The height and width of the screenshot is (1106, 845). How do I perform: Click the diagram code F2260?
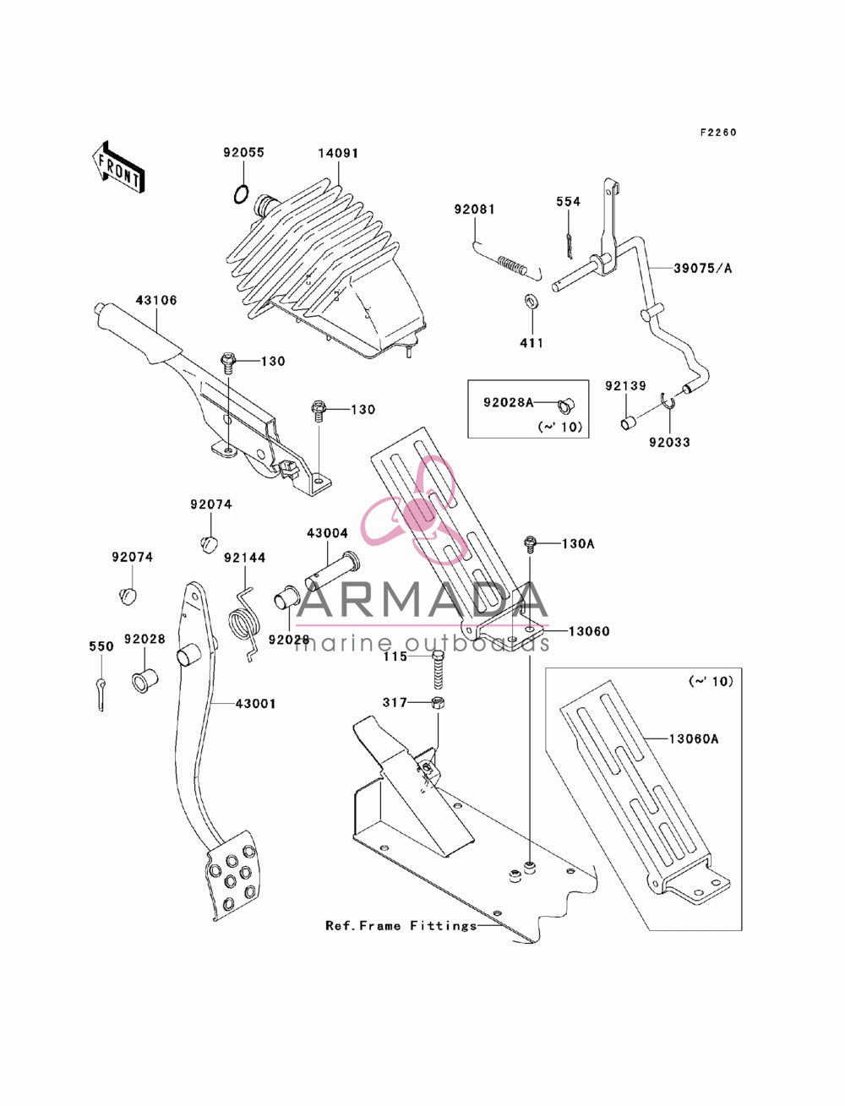point(718,133)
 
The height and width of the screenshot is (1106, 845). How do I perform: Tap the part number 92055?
point(244,152)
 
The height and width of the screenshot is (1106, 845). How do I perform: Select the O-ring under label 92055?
point(242,194)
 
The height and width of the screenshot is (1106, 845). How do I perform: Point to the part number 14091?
point(338,153)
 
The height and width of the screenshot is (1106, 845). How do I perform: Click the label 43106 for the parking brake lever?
point(156,300)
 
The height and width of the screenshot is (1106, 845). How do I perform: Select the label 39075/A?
point(703,269)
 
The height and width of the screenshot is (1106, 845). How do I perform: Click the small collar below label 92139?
point(628,422)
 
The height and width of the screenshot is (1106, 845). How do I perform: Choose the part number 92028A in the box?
point(508,402)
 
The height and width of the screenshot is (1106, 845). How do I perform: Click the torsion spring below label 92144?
point(245,624)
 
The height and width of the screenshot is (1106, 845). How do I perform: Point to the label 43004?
point(328,533)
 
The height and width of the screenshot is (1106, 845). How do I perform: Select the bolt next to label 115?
point(439,670)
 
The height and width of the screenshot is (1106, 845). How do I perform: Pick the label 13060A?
point(694,739)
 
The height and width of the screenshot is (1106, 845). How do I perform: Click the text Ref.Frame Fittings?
point(401,926)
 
